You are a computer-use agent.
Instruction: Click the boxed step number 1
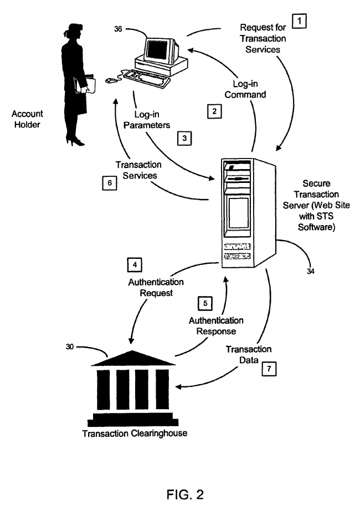coord(299,22)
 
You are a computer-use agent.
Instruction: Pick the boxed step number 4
coord(134,264)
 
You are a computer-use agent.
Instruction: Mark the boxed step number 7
coord(268,368)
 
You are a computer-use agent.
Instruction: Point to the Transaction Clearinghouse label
coord(135,433)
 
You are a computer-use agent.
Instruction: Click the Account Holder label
coord(28,119)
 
